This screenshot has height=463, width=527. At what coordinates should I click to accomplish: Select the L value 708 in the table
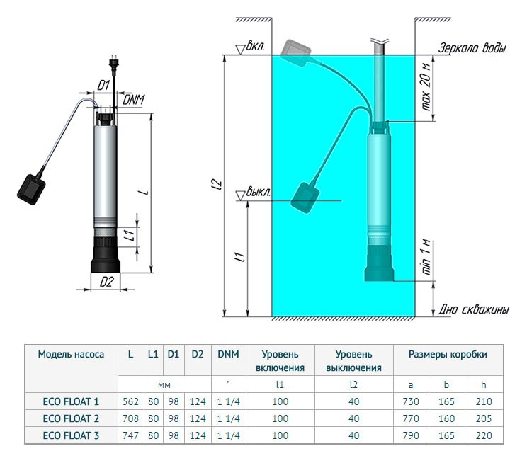[x=130, y=418]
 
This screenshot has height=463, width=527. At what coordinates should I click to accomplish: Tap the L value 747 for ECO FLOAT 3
[x=130, y=435]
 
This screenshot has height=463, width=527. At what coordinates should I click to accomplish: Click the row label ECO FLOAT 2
[x=71, y=418]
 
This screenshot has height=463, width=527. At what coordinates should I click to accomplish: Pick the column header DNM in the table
[x=228, y=354]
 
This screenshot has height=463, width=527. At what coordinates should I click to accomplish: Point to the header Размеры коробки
[x=447, y=354]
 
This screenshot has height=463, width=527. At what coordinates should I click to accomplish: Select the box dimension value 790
[x=410, y=435]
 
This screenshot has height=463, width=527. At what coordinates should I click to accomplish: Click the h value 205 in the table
[x=483, y=418]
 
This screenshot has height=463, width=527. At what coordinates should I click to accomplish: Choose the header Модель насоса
[x=71, y=354]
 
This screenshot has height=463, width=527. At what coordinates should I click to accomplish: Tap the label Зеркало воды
[x=472, y=49]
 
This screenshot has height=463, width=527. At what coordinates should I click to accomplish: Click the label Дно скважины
[x=473, y=309]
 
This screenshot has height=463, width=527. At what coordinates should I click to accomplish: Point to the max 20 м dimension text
[x=426, y=88]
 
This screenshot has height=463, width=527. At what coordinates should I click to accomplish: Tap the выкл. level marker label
[x=259, y=192]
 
